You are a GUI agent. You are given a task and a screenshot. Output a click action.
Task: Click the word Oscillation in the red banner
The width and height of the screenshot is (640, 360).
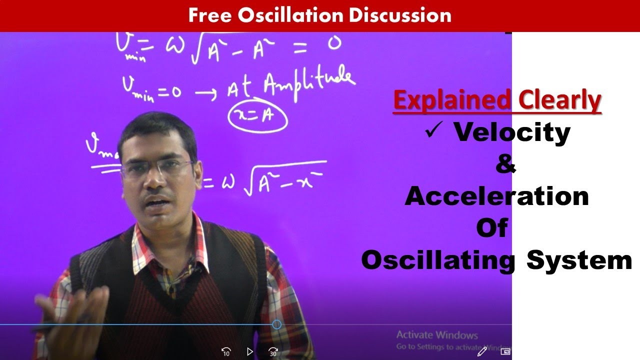(x=291, y=15)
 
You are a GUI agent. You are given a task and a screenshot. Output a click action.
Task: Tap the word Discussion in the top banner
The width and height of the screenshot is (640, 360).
(x=400, y=15)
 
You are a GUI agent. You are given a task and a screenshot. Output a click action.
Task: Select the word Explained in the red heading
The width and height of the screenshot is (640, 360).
(x=452, y=100)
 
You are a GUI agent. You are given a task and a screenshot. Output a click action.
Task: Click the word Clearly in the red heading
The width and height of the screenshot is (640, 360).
(x=559, y=100)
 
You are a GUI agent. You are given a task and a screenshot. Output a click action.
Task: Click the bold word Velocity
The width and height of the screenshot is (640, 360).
(x=511, y=132)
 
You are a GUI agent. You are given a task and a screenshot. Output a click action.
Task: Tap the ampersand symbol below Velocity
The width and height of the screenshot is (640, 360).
(x=505, y=164)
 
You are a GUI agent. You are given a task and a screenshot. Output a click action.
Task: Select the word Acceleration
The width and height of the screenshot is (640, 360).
(x=496, y=196)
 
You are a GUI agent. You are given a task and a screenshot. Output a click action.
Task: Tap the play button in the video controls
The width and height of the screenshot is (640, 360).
(x=250, y=351)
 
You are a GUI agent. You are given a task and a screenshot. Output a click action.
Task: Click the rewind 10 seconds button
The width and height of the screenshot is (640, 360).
(x=226, y=351)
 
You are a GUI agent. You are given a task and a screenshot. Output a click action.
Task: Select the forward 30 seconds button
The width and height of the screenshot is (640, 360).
(x=273, y=351)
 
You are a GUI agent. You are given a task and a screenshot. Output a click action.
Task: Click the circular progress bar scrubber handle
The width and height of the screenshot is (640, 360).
(x=276, y=324)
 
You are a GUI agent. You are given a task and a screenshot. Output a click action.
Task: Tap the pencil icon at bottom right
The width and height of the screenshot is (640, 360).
(x=482, y=351)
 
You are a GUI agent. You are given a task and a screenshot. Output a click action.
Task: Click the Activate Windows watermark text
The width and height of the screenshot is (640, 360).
(x=437, y=335)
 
